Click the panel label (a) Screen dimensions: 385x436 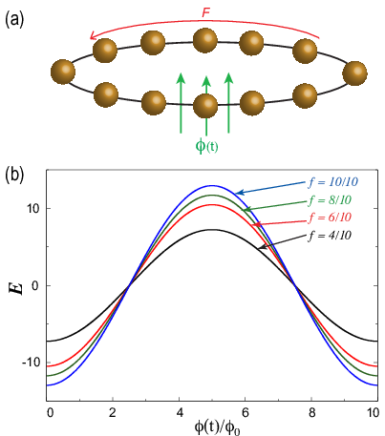[x=14, y=20]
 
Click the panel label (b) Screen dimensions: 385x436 [x=14, y=176]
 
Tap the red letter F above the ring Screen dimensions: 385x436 [x=206, y=12]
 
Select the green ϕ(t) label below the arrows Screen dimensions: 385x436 [x=206, y=146]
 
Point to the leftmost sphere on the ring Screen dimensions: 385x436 [x=63, y=72]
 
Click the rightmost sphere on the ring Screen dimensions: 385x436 [x=354, y=73]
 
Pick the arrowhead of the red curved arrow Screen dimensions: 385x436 [x=93, y=36]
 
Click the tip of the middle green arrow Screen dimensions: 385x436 [x=206, y=76]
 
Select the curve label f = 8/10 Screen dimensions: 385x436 [x=330, y=200]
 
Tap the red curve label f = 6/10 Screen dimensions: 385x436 [x=330, y=218]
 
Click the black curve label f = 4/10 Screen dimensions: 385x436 [x=330, y=236]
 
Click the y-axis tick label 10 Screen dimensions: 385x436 [x=32, y=208]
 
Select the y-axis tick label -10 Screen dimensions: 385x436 [x=31, y=363]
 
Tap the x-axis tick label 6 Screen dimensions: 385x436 [x=246, y=413]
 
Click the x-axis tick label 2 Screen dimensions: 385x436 [x=113, y=413]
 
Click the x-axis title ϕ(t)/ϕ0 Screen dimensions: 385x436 [x=217, y=427]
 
